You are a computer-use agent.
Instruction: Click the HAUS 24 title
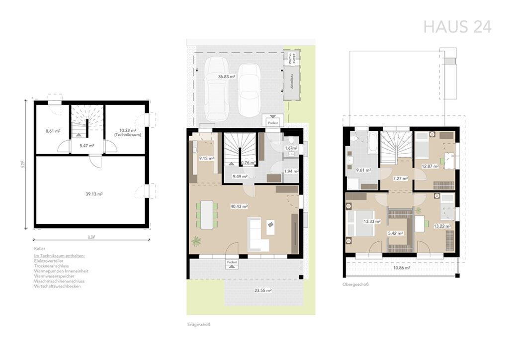tap(457, 26)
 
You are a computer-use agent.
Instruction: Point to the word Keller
tap(40, 247)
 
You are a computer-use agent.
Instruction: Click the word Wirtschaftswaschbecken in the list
tap(57, 286)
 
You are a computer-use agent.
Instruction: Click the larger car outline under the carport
tap(216, 90)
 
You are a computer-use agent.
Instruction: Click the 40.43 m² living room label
tap(239, 206)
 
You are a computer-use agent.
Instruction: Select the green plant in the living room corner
tap(197, 241)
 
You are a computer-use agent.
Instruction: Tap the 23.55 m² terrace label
tap(263, 290)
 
